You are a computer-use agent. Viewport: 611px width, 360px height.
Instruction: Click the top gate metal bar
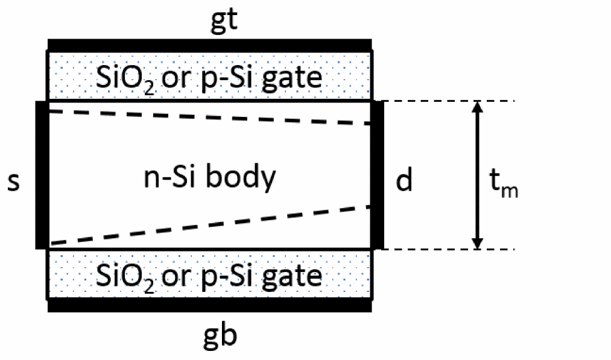[x=209, y=45]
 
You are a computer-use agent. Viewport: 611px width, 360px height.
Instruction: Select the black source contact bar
[x=42, y=175]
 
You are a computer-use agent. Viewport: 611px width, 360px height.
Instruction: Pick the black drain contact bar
[x=378, y=175]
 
